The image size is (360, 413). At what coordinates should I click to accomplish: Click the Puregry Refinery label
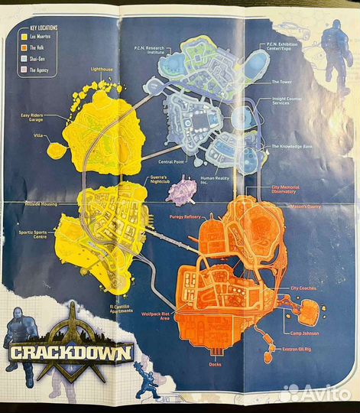[x=180, y=216]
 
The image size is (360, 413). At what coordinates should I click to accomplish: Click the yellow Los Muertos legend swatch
[x=25, y=36]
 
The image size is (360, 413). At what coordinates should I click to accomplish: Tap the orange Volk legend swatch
[x=25, y=46]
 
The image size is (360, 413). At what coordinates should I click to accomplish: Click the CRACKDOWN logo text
[x=71, y=353]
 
